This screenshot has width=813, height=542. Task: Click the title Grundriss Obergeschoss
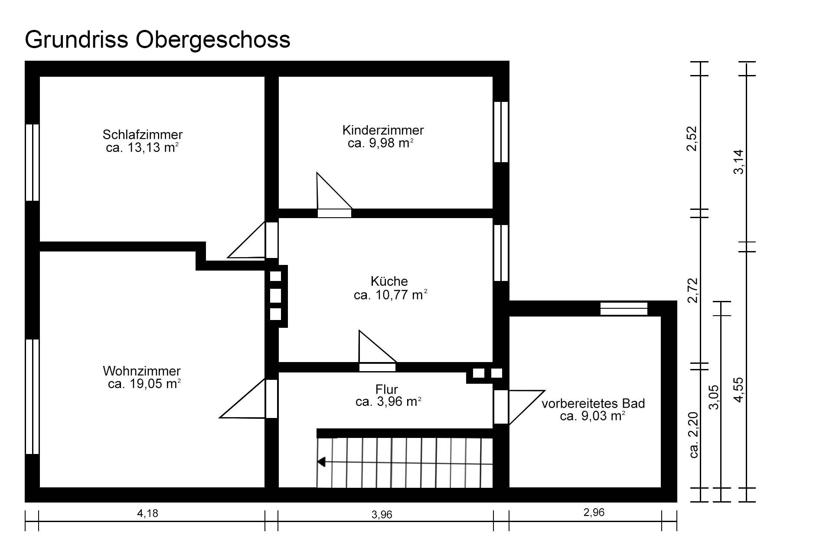(157, 40)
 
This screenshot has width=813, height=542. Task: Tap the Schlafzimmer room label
(143, 134)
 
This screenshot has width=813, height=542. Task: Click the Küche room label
(389, 281)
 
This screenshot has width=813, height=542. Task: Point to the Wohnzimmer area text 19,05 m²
(144, 384)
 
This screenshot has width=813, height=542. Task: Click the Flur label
(387, 389)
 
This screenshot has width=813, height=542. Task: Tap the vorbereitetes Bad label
(593, 404)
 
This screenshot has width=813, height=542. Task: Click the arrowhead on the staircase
(321, 462)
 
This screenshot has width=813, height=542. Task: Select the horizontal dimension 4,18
(148, 513)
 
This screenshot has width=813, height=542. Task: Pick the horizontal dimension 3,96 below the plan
(382, 515)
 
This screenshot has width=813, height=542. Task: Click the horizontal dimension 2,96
(594, 513)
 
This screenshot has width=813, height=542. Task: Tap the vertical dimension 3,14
(738, 161)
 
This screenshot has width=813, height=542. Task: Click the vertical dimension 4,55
(738, 390)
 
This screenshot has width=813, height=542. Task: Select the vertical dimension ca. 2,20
(693, 435)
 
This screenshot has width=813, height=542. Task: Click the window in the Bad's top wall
(624, 309)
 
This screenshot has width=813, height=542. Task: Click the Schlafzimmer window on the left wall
(33, 163)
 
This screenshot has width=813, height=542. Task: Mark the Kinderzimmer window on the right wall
(501, 132)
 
